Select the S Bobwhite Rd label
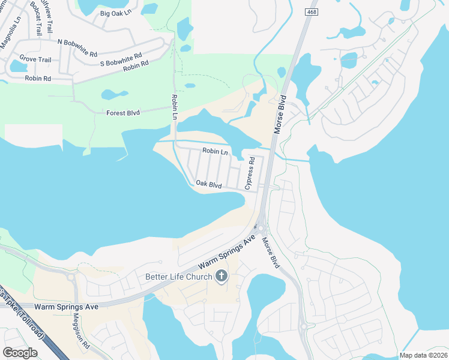(x=121, y=59)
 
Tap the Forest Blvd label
(x=122, y=112)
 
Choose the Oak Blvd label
(x=209, y=184)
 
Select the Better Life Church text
(x=179, y=277)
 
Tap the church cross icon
(x=221, y=277)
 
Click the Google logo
(x=20, y=353)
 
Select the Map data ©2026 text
(x=423, y=355)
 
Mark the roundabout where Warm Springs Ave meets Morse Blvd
(x=259, y=229)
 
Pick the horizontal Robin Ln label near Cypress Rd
(x=215, y=152)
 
